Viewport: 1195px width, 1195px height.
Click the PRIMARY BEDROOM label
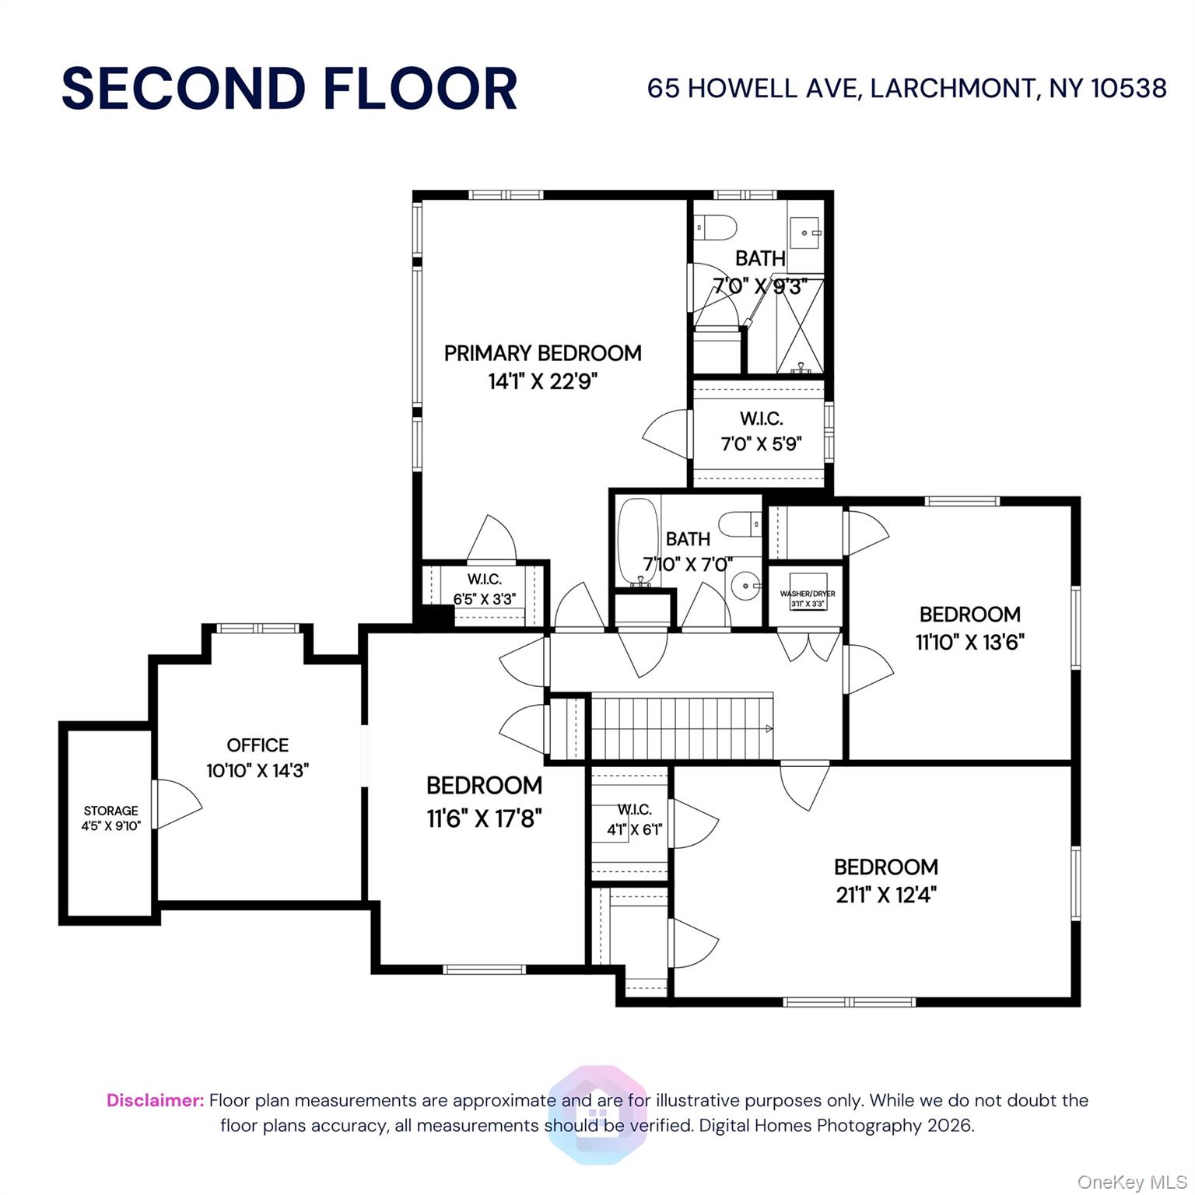(542, 353)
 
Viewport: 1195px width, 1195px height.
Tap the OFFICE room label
(258, 745)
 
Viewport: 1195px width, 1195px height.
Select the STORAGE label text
(111, 811)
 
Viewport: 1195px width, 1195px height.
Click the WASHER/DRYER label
(808, 594)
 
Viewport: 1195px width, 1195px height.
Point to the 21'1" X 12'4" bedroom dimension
(886, 895)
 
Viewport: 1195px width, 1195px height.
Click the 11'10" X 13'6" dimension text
(970, 642)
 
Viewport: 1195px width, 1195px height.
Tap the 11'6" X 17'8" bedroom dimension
(484, 818)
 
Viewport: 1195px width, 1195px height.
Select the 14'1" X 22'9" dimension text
(543, 381)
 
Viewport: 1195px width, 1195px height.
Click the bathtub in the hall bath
(638, 542)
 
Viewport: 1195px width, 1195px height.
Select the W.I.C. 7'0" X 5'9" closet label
(761, 431)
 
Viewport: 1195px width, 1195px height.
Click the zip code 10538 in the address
(1129, 88)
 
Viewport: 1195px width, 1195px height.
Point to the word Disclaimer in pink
(155, 1100)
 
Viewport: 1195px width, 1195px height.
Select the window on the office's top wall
(258, 628)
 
